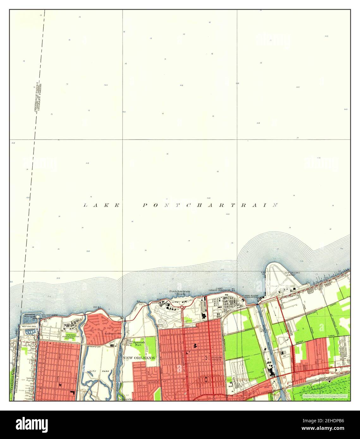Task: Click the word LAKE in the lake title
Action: [x=101, y=205]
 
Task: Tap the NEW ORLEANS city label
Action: [x=139, y=358]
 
